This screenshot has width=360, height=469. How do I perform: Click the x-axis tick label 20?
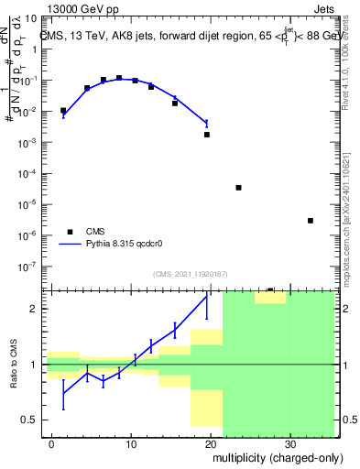[x=211, y=442]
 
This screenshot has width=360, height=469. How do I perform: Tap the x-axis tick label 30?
[x=289, y=442]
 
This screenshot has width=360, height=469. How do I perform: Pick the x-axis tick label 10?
[x=131, y=442]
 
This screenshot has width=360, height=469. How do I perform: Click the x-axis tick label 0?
[x=52, y=442]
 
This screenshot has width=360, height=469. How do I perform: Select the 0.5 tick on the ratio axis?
[x=31, y=420]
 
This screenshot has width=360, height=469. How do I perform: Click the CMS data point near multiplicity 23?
[x=238, y=187]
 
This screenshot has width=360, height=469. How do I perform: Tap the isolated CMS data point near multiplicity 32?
[x=311, y=221]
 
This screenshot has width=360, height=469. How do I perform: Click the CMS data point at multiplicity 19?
[x=207, y=135]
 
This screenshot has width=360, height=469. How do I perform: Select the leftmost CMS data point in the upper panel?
[x=63, y=111]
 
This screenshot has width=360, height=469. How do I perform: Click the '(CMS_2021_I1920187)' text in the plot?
[x=190, y=274]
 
